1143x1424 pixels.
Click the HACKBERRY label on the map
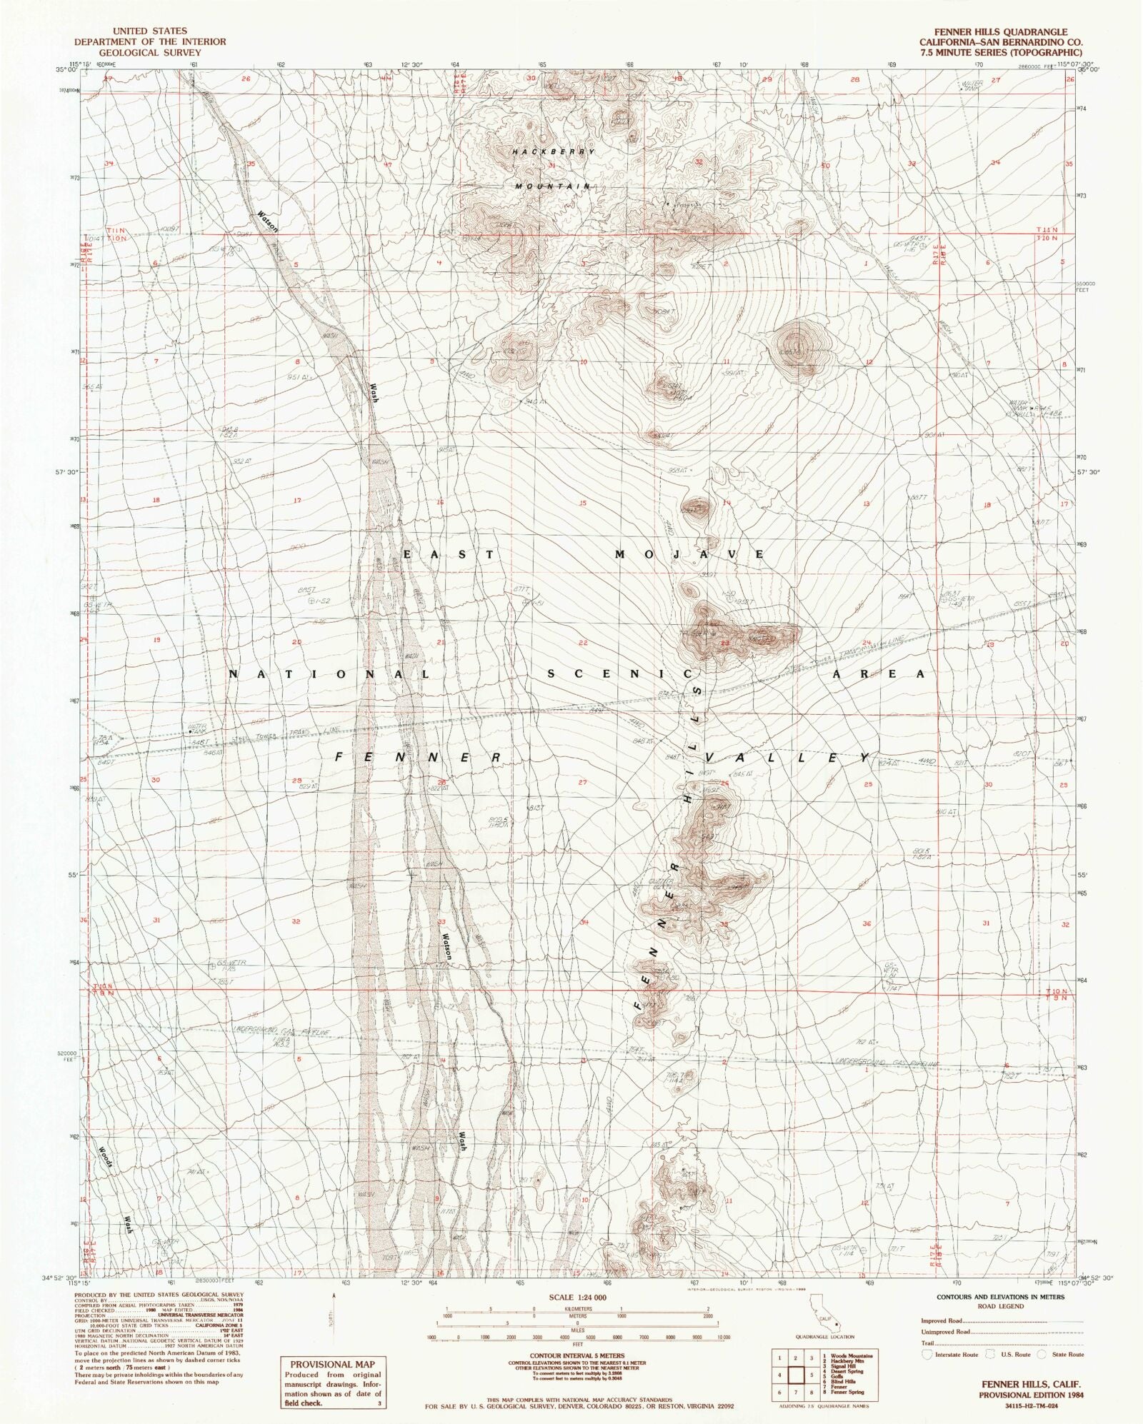point(552,152)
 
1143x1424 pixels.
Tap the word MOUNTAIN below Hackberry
point(553,186)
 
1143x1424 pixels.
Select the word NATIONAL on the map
point(329,674)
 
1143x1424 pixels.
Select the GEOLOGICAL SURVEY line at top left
point(150,53)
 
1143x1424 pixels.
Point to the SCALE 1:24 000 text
point(577,1297)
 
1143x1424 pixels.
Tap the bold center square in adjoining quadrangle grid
point(795,1375)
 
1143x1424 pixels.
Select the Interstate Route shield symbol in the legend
point(927,1354)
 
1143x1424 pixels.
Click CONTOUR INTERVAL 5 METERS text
point(577,1355)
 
